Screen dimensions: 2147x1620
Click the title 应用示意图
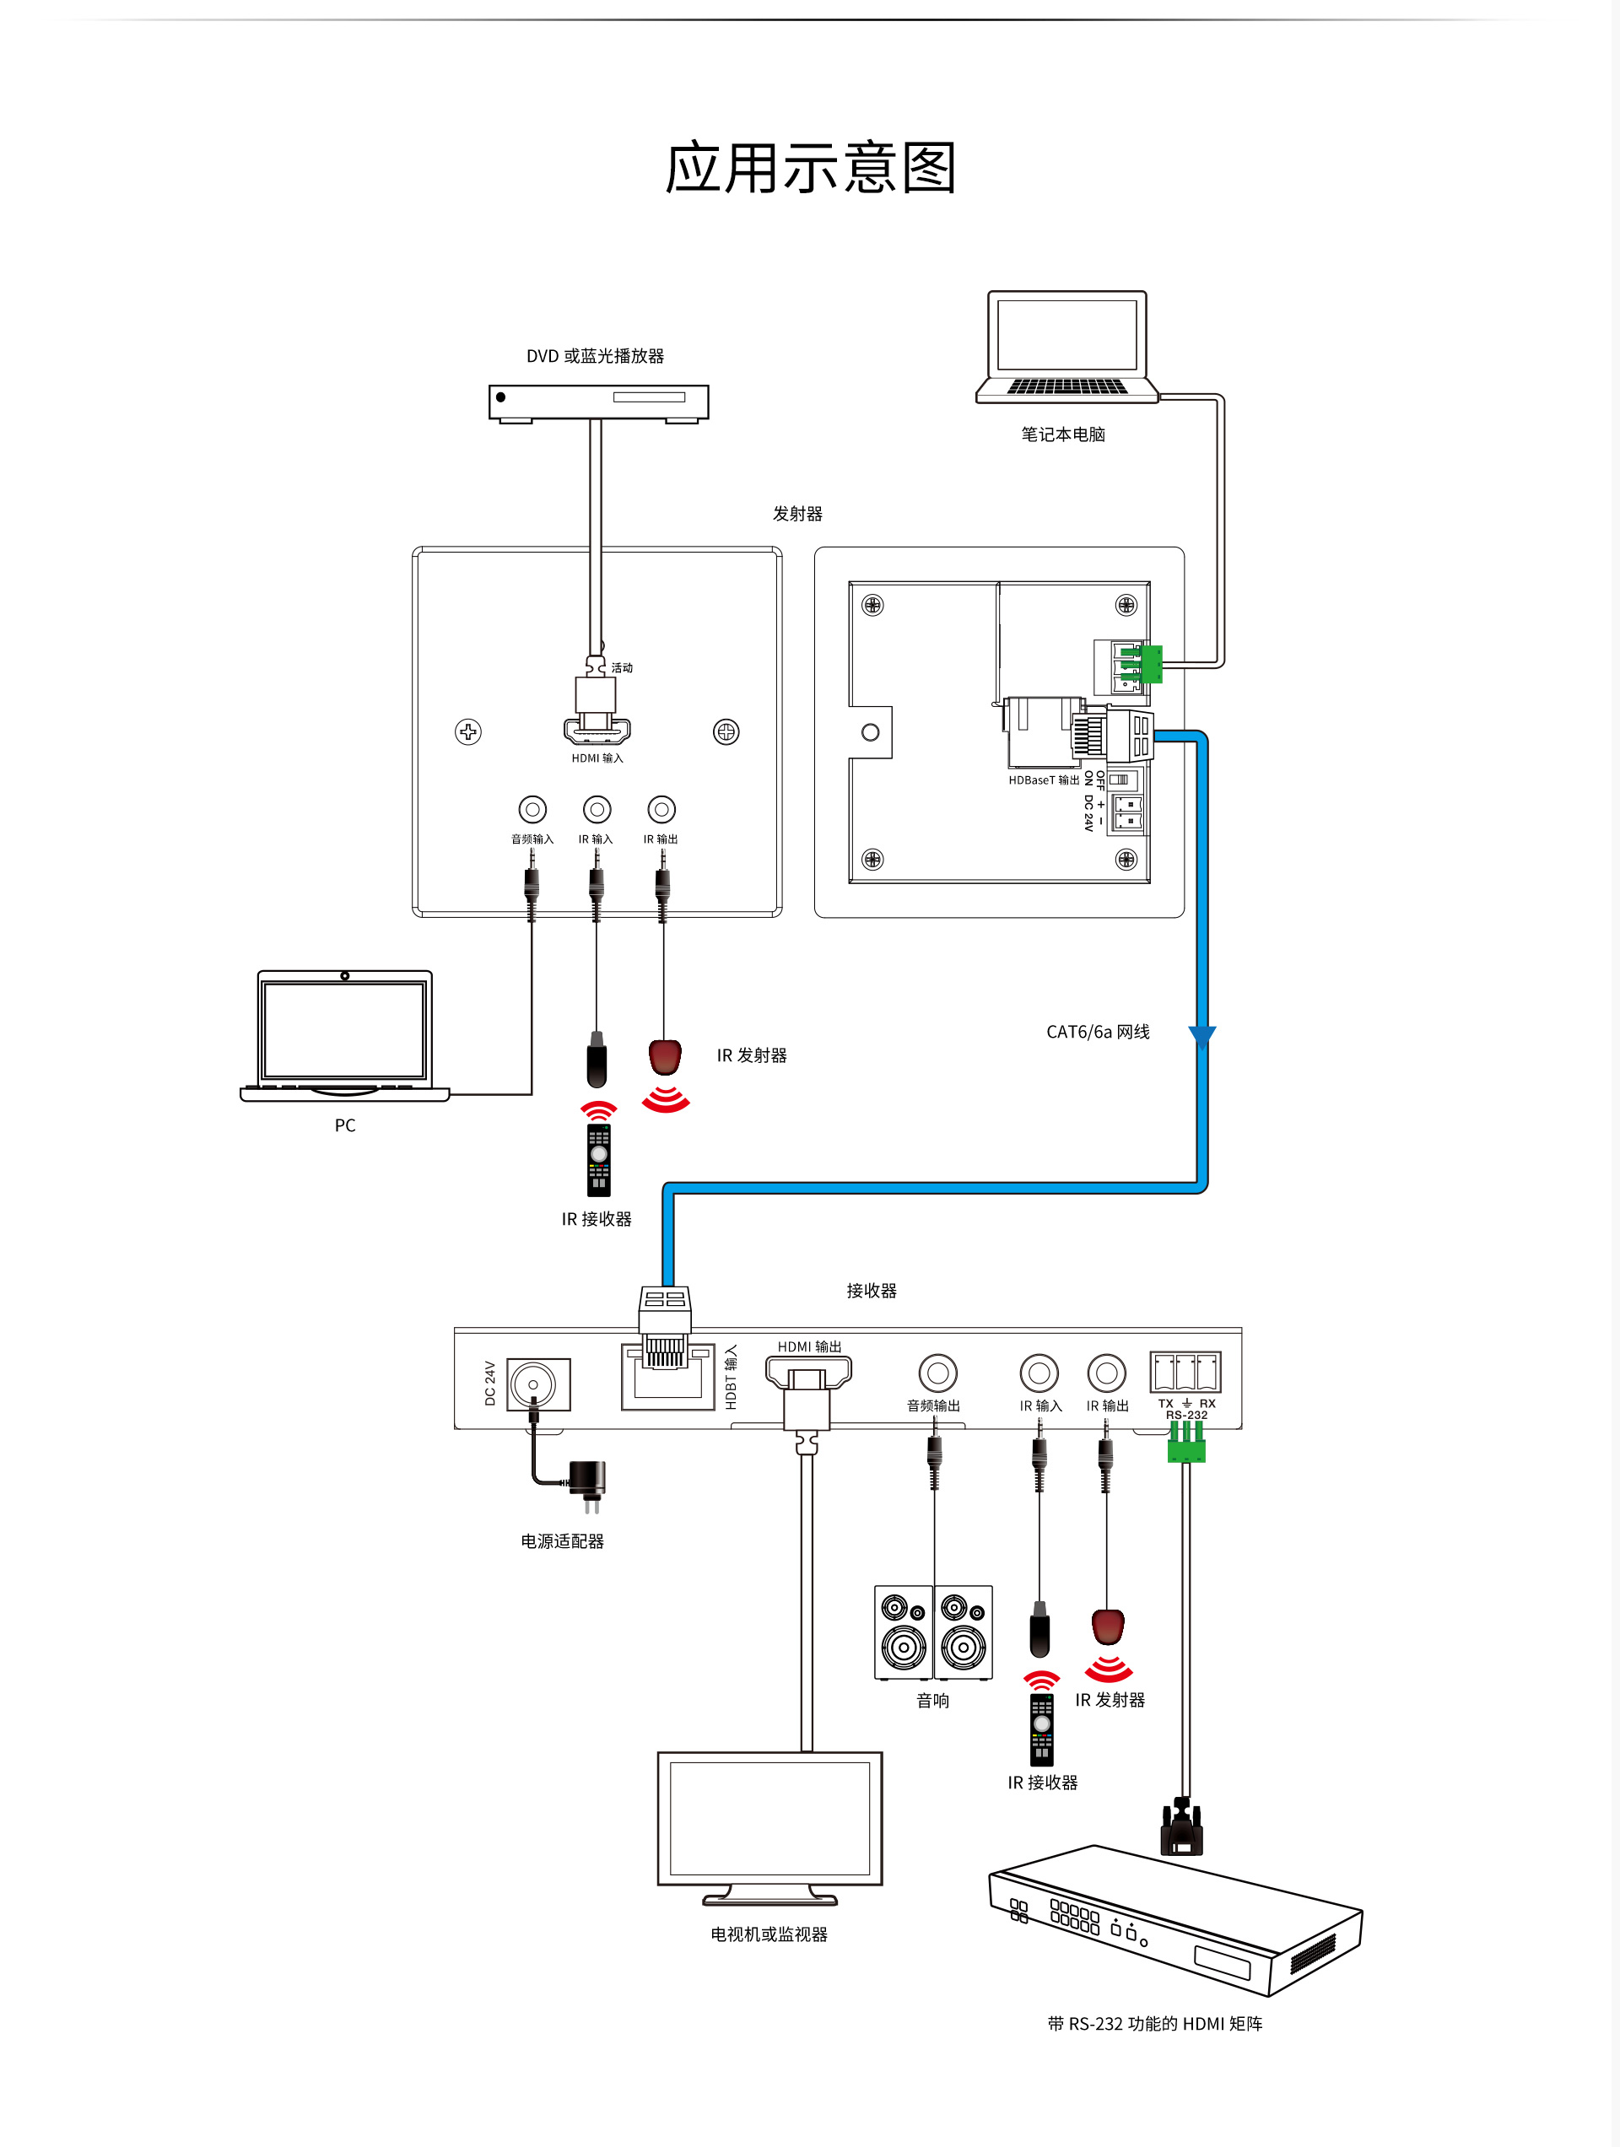pyautogui.click(x=811, y=168)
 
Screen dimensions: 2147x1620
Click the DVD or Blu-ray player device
pyautogui.click(x=598, y=401)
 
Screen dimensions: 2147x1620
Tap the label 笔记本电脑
pyautogui.click(x=1063, y=434)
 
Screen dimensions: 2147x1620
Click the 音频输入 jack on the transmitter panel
pyautogui.click(x=532, y=808)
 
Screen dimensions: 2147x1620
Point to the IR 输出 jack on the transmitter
pyautogui.click(x=661, y=808)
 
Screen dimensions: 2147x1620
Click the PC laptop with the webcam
pyautogui.click(x=344, y=1034)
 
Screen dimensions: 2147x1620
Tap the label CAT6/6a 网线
pyautogui.click(x=1097, y=1032)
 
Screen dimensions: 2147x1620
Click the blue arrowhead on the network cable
pyautogui.click(x=1201, y=1037)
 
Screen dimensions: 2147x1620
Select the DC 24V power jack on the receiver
pyautogui.click(x=534, y=1384)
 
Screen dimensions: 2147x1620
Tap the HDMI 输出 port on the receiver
pyautogui.click(x=808, y=1372)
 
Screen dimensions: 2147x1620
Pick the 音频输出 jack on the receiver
pyautogui.click(x=937, y=1373)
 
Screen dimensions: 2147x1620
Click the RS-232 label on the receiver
pyautogui.click(x=1186, y=1415)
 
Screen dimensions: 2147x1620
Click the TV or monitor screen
pyautogui.click(x=769, y=1818)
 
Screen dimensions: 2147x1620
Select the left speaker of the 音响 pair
pyautogui.click(x=904, y=1632)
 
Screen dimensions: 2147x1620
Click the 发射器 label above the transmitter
pyautogui.click(x=796, y=514)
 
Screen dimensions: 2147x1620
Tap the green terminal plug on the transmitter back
pyautogui.click(x=1151, y=665)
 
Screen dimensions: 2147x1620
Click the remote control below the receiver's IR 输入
pyautogui.click(x=1041, y=1730)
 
